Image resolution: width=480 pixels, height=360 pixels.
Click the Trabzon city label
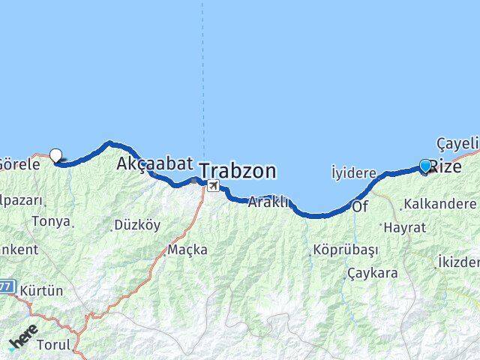click(x=238, y=170)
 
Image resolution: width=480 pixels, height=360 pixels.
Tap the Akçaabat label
click(x=150, y=163)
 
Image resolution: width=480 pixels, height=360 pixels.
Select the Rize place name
click(x=447, y=166)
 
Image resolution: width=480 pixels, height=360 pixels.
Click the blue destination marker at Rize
click(x=425, y=166)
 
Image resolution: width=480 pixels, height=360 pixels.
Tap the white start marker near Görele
click(x=55, y=156)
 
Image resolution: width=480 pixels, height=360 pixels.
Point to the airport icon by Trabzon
click(x=214, y=186)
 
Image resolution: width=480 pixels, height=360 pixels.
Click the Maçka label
click(x=187, y=249)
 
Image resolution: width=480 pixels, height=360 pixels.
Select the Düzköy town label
click(x=136, y=225)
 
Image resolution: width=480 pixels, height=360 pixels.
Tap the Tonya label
click(x=52, y=221)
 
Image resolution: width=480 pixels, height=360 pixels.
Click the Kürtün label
click(x=42, y=289)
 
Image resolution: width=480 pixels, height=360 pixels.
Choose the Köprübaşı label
click(x=346, y=250)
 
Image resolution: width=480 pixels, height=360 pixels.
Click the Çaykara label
click(x=372, y=273)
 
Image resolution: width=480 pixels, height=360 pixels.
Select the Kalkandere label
click(x=439, y=204)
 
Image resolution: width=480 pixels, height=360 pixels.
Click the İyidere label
click(x=353, y=173)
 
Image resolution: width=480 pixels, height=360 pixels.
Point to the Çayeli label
click(x=457, y=142)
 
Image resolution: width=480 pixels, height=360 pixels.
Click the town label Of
click(x=360, y=206)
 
